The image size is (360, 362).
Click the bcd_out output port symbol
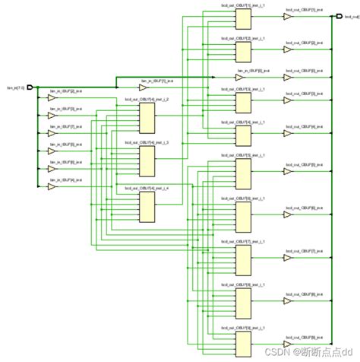[337, 15]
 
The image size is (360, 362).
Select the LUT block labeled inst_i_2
[147, 116]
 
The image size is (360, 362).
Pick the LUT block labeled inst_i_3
[147, 160]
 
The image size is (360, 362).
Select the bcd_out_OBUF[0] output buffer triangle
[287, 77]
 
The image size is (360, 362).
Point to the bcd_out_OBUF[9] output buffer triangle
[287, 338]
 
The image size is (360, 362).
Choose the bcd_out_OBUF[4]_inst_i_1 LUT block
[243, 136]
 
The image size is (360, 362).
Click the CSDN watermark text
[304, 353]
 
